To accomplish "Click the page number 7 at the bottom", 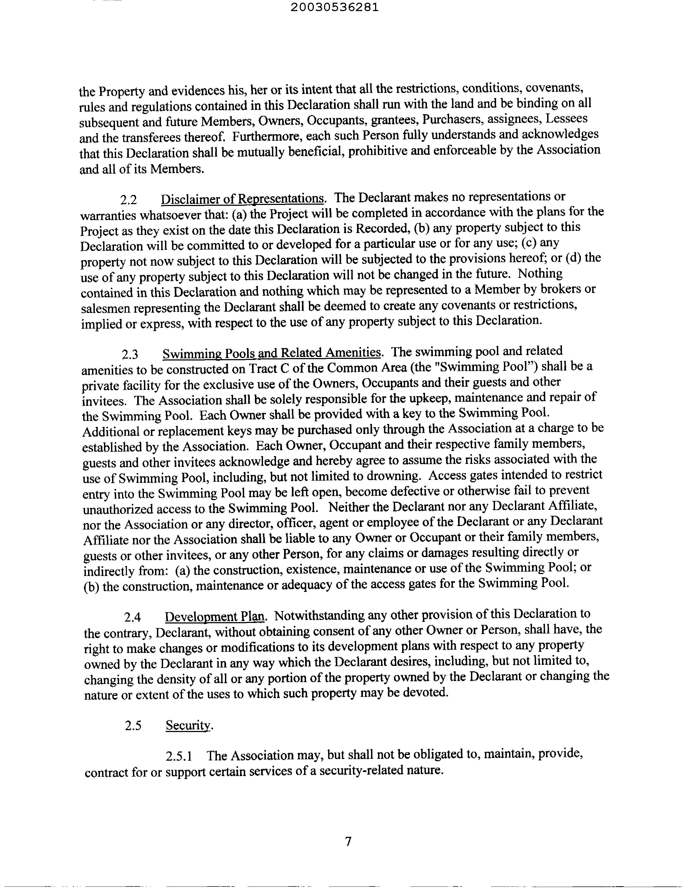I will point(348,841).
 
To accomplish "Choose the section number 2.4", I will point(132,617).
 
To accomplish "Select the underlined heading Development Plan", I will point(215,616).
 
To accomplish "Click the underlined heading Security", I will point(189,725).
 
